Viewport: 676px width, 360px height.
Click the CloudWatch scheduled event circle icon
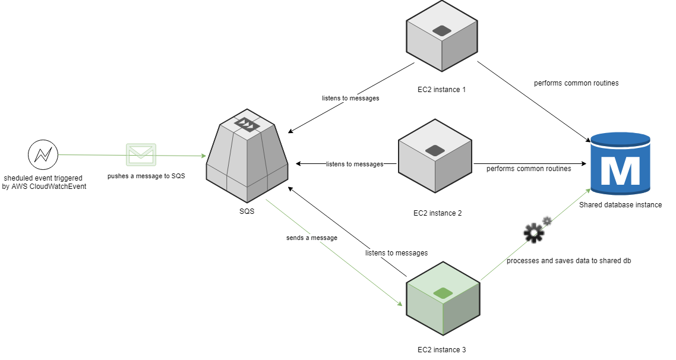pyautogui.click(x=43, y=155)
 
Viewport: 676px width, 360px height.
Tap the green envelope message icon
pyautogui.click(x=141, y=154)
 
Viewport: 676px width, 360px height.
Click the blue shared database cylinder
pyautogui.click(x=620, y=164)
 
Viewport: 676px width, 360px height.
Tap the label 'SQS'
pyautogui.click(x=247, y=211)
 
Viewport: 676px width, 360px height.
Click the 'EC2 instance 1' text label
pyautogui.click(x=441, y=90)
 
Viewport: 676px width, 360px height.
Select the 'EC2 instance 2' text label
pyautogui.click(x=437, y=212)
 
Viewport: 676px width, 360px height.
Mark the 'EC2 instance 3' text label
pyautogui.click(x=442, y=350)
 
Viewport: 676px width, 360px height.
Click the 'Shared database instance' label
pyautogui.click(x=620, y=205)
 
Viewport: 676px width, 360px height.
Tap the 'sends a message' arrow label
pyautogui.click(x=311, y=238)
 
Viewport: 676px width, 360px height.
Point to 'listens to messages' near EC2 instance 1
pyautogui.click(x=351, y=98)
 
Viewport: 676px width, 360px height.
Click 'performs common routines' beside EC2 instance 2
pyautogui.click(x=529, y=169)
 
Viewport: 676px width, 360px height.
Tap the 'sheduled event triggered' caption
pyautogui.click(x=43, y=178)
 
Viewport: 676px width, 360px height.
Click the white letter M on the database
pyautogui.click(x=620, y=171)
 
